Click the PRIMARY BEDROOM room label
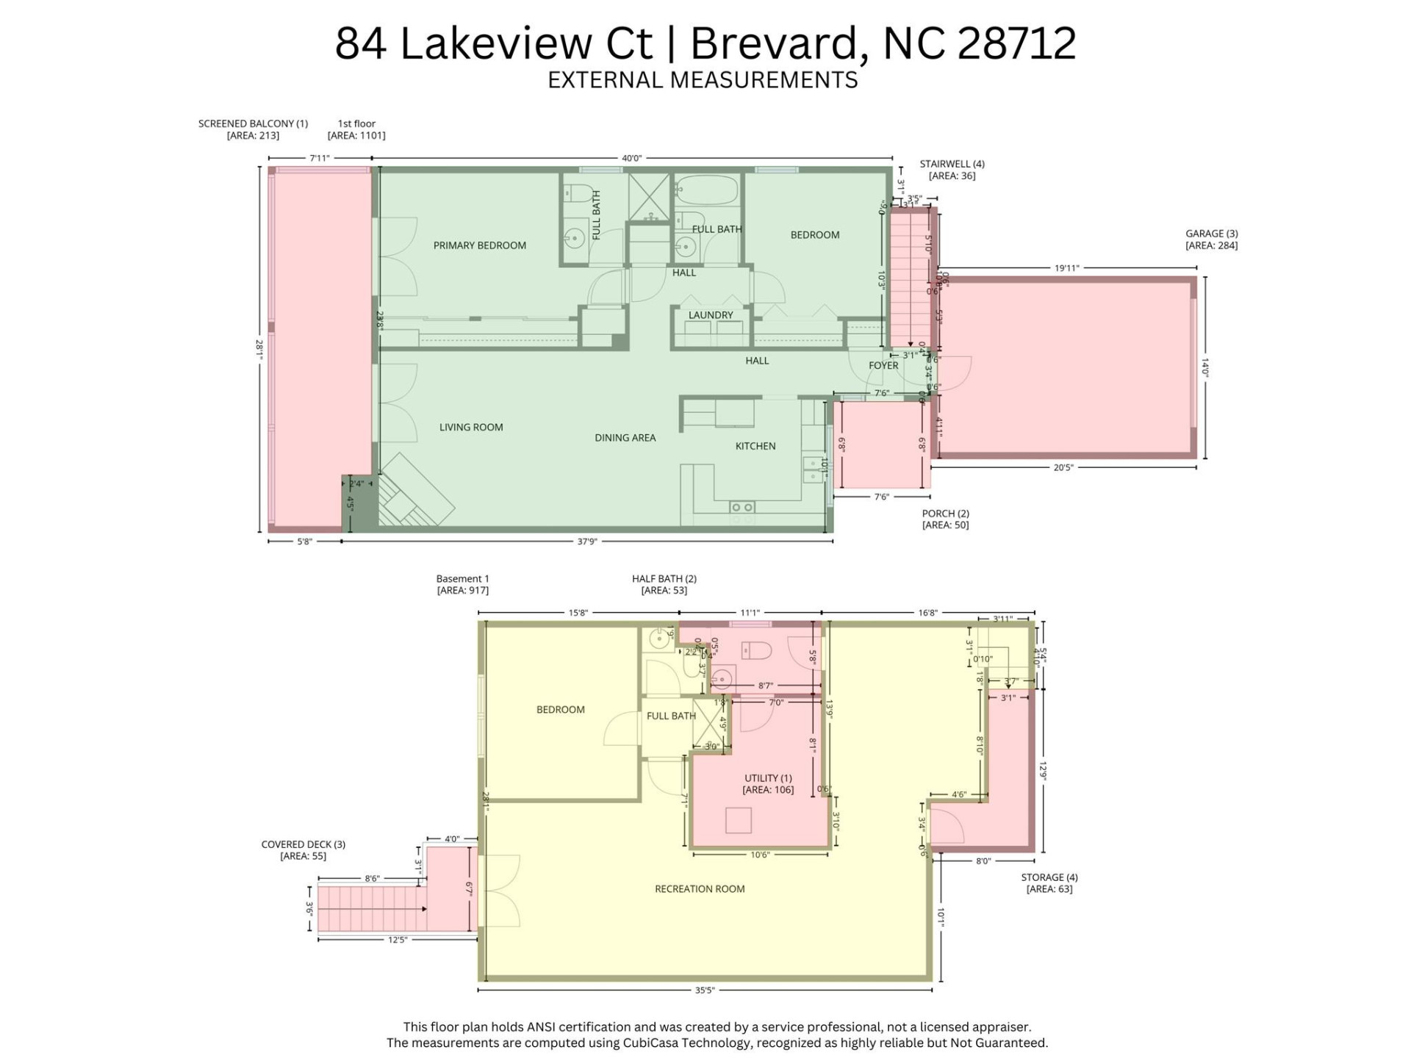479,245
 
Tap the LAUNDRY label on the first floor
710,315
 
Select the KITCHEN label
755,446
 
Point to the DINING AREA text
625,438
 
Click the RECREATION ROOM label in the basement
700,889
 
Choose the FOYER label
883,365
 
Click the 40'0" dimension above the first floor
631,158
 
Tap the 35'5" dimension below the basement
704,990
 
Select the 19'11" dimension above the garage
1066,268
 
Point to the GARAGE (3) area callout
1211,240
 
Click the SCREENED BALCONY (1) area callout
253,129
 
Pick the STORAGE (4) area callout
1049,883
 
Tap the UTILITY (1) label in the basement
768,784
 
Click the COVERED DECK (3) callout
303,850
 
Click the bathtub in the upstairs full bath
705,190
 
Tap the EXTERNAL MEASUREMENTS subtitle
703,79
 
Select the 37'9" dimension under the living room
586,541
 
